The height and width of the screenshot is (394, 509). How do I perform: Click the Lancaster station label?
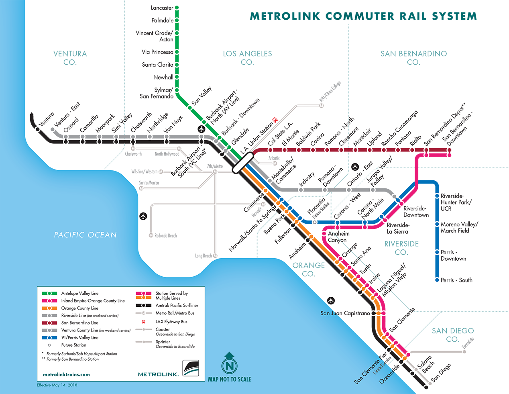point(162,8)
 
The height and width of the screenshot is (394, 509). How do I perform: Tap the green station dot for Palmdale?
point(177,20)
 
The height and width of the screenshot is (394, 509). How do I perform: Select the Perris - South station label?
point(456,280)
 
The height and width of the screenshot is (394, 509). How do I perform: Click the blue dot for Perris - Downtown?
point(437,252)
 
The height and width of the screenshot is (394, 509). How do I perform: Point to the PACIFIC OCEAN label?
point(86,235)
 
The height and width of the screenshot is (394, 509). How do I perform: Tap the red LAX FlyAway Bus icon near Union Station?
point(275,120)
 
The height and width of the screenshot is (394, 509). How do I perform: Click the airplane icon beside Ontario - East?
point(355,167)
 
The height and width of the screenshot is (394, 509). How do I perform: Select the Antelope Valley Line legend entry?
point(79,293)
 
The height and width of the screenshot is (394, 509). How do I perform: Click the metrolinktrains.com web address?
point(66,374)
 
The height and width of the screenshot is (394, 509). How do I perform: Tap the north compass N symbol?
point(229,365)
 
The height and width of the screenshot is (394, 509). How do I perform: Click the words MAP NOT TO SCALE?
point(229,379)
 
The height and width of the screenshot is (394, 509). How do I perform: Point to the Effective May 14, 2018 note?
point(57,385)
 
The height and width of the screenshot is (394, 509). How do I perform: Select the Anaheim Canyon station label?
point(338,237)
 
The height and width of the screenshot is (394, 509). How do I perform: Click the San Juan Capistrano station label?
point(345,313)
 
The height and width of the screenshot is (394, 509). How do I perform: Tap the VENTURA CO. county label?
point(70,57)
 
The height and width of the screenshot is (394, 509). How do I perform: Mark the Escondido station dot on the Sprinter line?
point(464,351)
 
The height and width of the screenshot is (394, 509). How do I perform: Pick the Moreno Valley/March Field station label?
point(459,227)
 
